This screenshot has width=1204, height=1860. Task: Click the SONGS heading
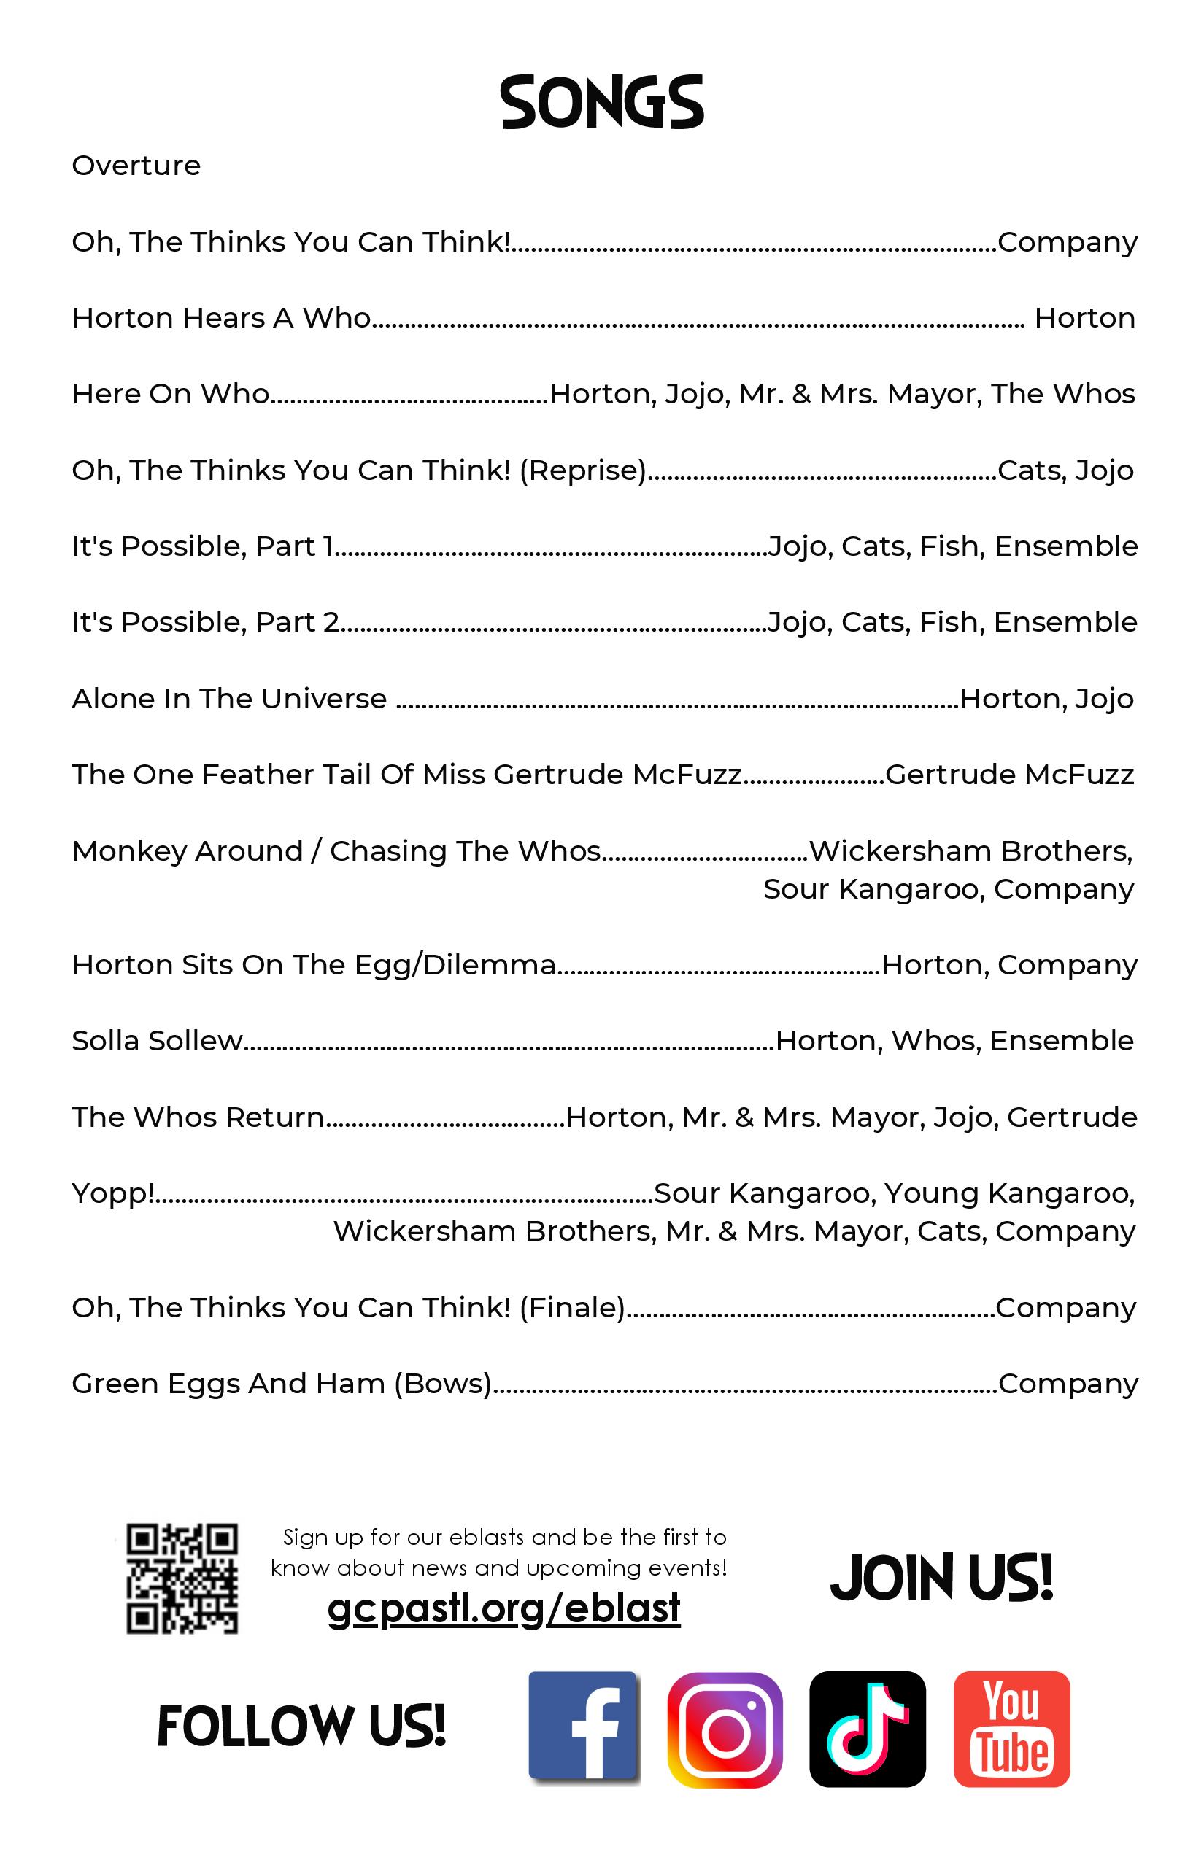coord(602,102)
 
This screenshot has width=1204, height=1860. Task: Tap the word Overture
coord(136,166)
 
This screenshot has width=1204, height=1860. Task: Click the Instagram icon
coord(725,1729)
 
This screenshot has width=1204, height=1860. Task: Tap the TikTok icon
coord(867,1729)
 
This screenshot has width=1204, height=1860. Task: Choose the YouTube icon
coord(1011,1729)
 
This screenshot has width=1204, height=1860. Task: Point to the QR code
coord(182,1578)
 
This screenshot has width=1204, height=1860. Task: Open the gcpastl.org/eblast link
coord(503,1608)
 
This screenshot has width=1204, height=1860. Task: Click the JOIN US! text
coord(941,1577)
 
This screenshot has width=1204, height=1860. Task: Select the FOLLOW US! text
coord(301,1726)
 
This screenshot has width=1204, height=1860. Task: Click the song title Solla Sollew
coord(157,1041)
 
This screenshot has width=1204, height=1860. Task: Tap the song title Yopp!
coord(112,1193)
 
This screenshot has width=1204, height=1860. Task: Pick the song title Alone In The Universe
coord(229,699)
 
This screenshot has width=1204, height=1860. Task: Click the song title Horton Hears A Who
coord(221,318)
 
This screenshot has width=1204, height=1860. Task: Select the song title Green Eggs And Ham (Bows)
coord(282,1384)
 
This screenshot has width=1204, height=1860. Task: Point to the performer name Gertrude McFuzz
coord(1009,775)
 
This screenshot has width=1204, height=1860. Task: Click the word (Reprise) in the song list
coord(582,470)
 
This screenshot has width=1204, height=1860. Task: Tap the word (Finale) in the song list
coord(571,1307)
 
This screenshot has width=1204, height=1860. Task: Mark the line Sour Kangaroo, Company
coord(948,889)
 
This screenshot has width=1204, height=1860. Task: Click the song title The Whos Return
coord(198,1117)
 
